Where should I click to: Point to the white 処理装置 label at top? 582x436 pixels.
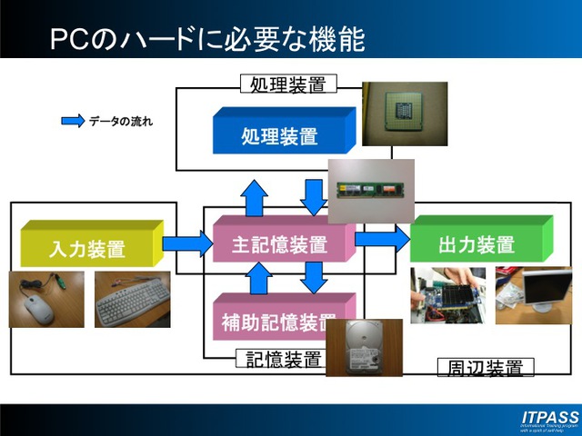click(x=288, y=84)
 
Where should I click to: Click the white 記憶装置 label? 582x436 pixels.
click(x=285, y=359)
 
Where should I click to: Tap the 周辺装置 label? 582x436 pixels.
click(x=486, y=367)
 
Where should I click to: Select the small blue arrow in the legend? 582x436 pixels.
click(x=72, y=121)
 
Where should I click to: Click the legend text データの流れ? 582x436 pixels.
click(x=121, y=121)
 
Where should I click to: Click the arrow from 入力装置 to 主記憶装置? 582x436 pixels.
click(x=186, y=243)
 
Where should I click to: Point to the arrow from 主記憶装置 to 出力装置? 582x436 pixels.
click(x=382, y=239)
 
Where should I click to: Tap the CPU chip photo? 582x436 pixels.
click(x=405, y=114)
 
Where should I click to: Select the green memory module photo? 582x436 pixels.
click(x=371, y=190)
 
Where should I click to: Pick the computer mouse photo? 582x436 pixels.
click(x=46, y=299)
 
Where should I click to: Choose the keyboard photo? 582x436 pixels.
click(x=132, y=299)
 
